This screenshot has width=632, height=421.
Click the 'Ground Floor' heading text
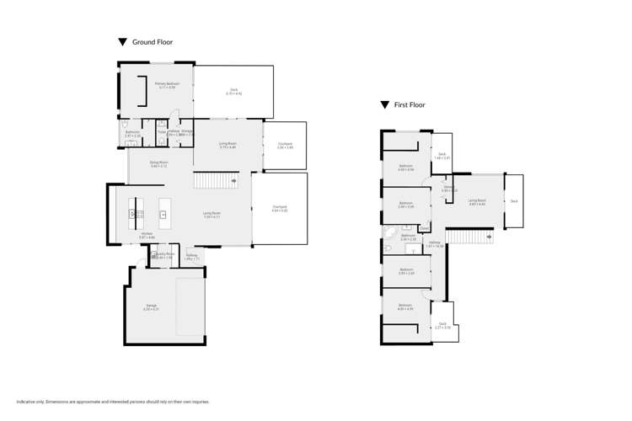click(x=153, y=41)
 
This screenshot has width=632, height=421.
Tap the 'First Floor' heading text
click(x=410, y=105)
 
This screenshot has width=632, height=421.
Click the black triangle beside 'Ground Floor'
click(x=122, y=41)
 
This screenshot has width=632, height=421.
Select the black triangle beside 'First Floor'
click(x=385, y=105)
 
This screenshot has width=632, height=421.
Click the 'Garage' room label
click(x=151, y=305)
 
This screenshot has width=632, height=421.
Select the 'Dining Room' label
click(x=158, y=162)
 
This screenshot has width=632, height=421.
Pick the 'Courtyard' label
click(x=285, y=144)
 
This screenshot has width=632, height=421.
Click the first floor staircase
click(x=469, y=237)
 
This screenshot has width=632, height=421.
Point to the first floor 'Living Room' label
click(x=477, y=200)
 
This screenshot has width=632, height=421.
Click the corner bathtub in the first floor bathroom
click(x=390, y=233)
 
